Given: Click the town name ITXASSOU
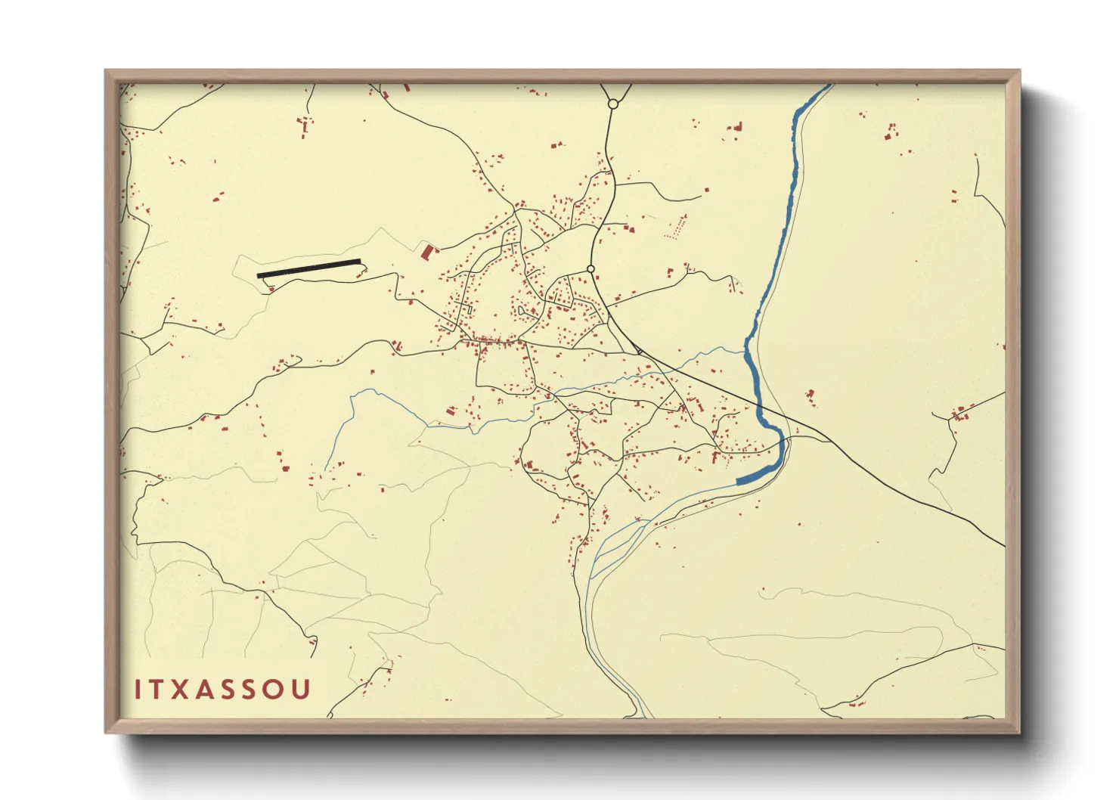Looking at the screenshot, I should [222, 690].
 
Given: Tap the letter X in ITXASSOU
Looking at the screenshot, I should [180, 690].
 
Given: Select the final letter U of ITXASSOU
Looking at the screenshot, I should [302, 690].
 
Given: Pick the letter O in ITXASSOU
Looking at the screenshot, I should [277, 690].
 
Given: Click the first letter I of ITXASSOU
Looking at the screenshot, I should [138, 690].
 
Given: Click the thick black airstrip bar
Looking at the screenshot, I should [308, 268].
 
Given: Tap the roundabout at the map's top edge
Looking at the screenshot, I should [613, 104].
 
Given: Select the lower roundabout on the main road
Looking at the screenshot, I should [590, 269].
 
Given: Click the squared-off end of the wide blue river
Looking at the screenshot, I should [739, 481].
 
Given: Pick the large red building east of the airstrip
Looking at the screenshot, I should [428, 252].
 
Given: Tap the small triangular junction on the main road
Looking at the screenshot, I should [638, 350].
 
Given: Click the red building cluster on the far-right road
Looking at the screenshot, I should [960, 413].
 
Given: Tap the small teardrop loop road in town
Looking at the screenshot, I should [522, 310].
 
